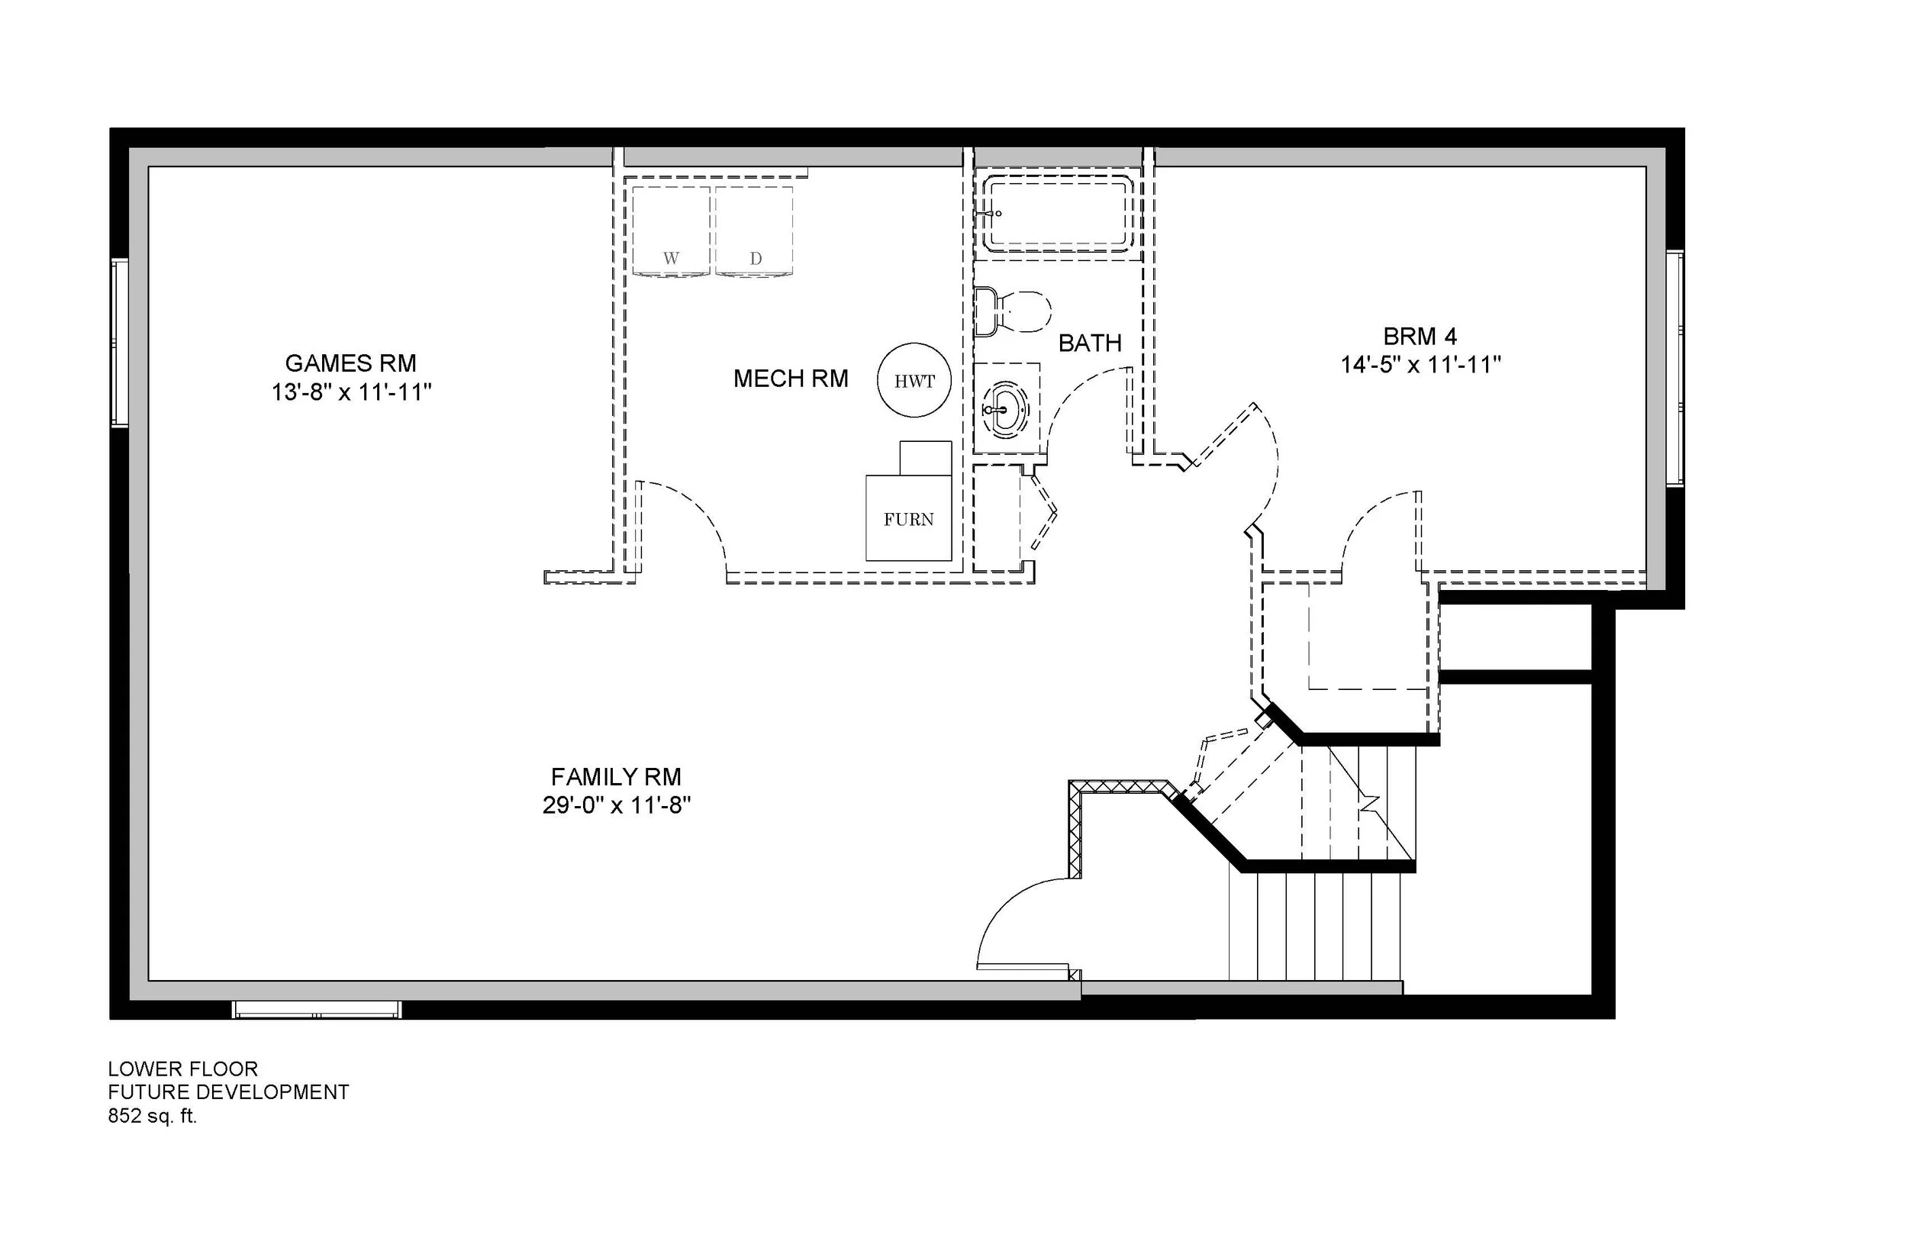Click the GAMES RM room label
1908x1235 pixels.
tap(350, 363)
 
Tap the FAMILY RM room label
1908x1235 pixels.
tap(616, 776)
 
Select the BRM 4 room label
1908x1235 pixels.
tap(1420, 336)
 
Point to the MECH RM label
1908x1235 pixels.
tap(791, 379)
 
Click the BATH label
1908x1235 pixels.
tap(1090, 343)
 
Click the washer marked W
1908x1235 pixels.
tap(671, 231)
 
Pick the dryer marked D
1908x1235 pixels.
tap(754, 231)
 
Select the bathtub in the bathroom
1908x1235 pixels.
tap(1059, 215)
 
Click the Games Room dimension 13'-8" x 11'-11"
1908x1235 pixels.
tap(352, 392)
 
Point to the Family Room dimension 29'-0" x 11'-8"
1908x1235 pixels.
tap(617, 805)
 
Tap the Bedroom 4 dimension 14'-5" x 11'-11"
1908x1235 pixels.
tap(1420, 365)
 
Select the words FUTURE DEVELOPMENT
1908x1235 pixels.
tap(228, 1092)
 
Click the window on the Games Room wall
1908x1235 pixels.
tap(120, 342)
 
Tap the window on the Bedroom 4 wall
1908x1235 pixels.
tap(1674, 368)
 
